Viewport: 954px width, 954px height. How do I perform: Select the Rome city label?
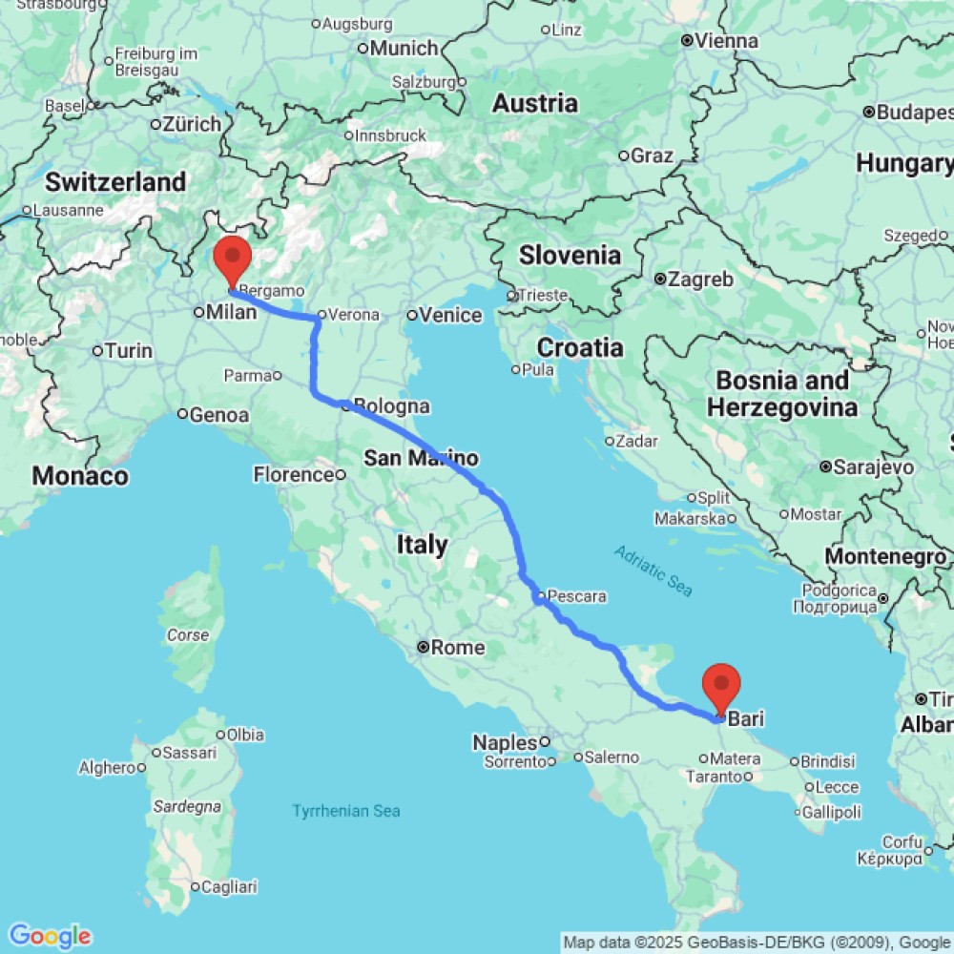[458, 648]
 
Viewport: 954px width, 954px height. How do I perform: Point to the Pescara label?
[577, 597]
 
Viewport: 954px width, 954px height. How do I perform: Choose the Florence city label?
[290, 474]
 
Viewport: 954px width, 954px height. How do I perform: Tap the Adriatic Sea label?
[653, 570]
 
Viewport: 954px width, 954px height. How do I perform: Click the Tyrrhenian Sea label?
[345, 811]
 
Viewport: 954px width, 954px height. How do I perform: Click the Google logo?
[49, 936]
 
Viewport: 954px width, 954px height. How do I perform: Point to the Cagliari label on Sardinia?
[228, 887]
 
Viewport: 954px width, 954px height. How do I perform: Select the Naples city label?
[505, 741]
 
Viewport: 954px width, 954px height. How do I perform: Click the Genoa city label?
[219, 415]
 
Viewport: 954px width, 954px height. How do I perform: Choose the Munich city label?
[404, 48]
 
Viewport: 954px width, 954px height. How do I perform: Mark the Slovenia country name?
[570, 255]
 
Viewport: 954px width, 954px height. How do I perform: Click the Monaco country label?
[80, 475]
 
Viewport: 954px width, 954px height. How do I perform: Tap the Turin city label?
[129, 351]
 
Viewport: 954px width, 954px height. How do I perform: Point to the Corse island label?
[188, 634]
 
